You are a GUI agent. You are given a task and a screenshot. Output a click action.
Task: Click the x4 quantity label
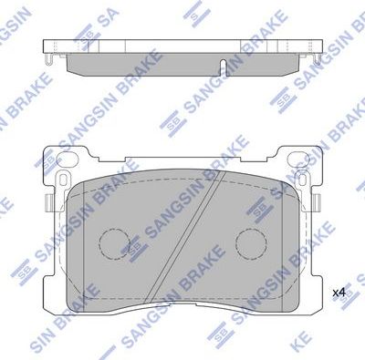tap(339, 292)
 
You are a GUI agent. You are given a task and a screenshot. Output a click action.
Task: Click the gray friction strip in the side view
tap(182, 63)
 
